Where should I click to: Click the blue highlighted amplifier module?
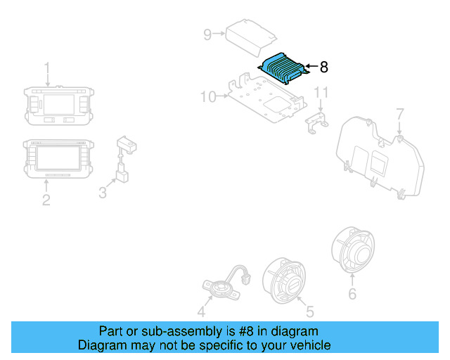[x=283, y=67]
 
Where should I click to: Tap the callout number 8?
[x=323, y=67]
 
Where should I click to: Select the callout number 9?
[x=207, y=34]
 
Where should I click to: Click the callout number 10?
[x=208, y=96]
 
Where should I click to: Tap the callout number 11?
[x=321, y=93]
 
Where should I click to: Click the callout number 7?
[x=399, y=113]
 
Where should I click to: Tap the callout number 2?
[x=46, y=200]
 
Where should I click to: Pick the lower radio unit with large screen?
[x=58, y=159]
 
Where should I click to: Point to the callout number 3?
[x=103, y=192]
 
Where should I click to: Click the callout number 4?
[x=201, y=311]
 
